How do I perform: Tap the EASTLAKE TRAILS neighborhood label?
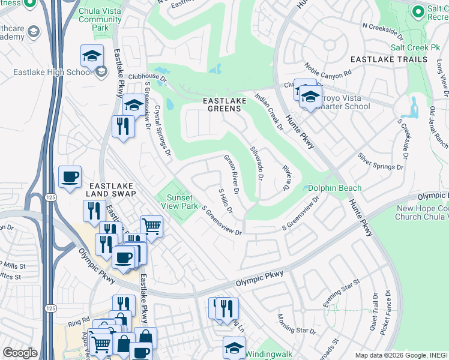389,59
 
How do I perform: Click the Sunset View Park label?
179,202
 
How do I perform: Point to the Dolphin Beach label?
335,188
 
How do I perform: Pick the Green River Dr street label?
232,174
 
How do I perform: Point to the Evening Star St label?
341,293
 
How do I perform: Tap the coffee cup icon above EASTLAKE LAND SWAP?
70,176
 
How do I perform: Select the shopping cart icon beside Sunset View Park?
152,226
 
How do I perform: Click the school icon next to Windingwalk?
234,347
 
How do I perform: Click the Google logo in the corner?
20,353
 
